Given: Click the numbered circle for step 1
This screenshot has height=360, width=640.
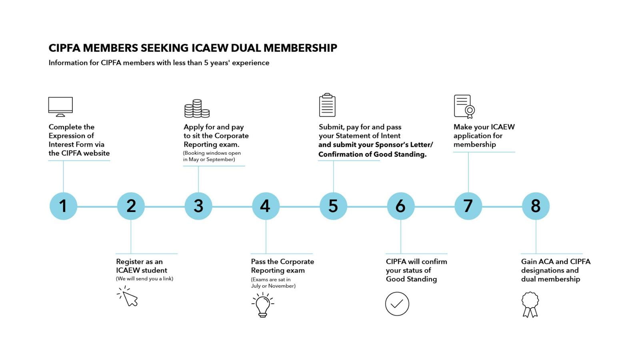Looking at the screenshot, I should [x=63, y=206].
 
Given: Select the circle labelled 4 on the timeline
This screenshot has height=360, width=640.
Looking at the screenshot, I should [x=266, y=206].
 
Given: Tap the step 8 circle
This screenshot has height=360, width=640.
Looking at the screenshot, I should [x=536, y=206].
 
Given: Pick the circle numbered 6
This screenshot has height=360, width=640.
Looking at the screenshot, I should [x=400, y=206].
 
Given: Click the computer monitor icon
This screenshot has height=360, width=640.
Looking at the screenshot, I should [x=60, y=106].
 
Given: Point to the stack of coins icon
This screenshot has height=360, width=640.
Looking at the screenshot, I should [x=197, y=108].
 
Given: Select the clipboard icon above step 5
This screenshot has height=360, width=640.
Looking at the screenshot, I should [x=327, y=105].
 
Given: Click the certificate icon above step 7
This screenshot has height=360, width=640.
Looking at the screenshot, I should [x=464, y=106].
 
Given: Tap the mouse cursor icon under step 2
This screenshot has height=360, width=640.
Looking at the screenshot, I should [x=128, y=296].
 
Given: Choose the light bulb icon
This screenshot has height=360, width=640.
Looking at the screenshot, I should [x=263, y=305].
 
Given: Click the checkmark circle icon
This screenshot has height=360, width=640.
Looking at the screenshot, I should [x=397, y=304].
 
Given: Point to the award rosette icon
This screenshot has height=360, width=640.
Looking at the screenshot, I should [x=530, y=304].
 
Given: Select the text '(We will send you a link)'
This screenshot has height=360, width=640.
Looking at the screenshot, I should [x=144, y=279].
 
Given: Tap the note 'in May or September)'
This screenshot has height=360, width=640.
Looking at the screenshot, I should [x=209, y=160].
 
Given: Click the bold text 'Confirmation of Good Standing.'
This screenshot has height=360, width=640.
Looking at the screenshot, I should [x=372, y=154].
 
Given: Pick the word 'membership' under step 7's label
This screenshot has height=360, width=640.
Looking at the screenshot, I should [x=474, y=144].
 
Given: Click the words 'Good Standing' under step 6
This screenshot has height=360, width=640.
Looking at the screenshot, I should [x=411, y=279].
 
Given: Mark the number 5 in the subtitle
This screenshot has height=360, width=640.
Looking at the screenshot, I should [x=206, y=63].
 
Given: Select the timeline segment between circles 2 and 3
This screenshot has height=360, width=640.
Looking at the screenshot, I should [x=164, y=206].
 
